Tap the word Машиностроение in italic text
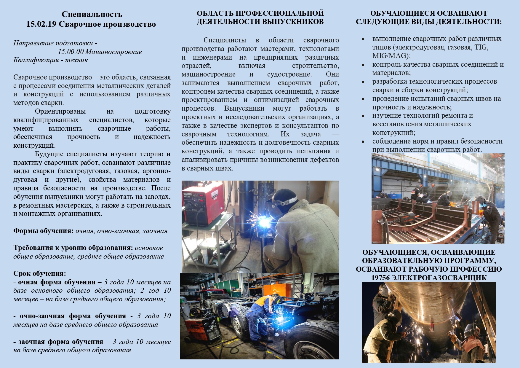[x=113, y=52]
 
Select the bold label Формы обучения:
[x=43, y=231]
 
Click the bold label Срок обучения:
[x=40, y=273]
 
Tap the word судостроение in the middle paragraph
[x=289, y=74]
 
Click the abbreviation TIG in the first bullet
[x=481, y=47]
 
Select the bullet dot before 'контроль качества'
[x=363, y=65]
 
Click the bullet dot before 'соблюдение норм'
[x=363, y=141]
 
